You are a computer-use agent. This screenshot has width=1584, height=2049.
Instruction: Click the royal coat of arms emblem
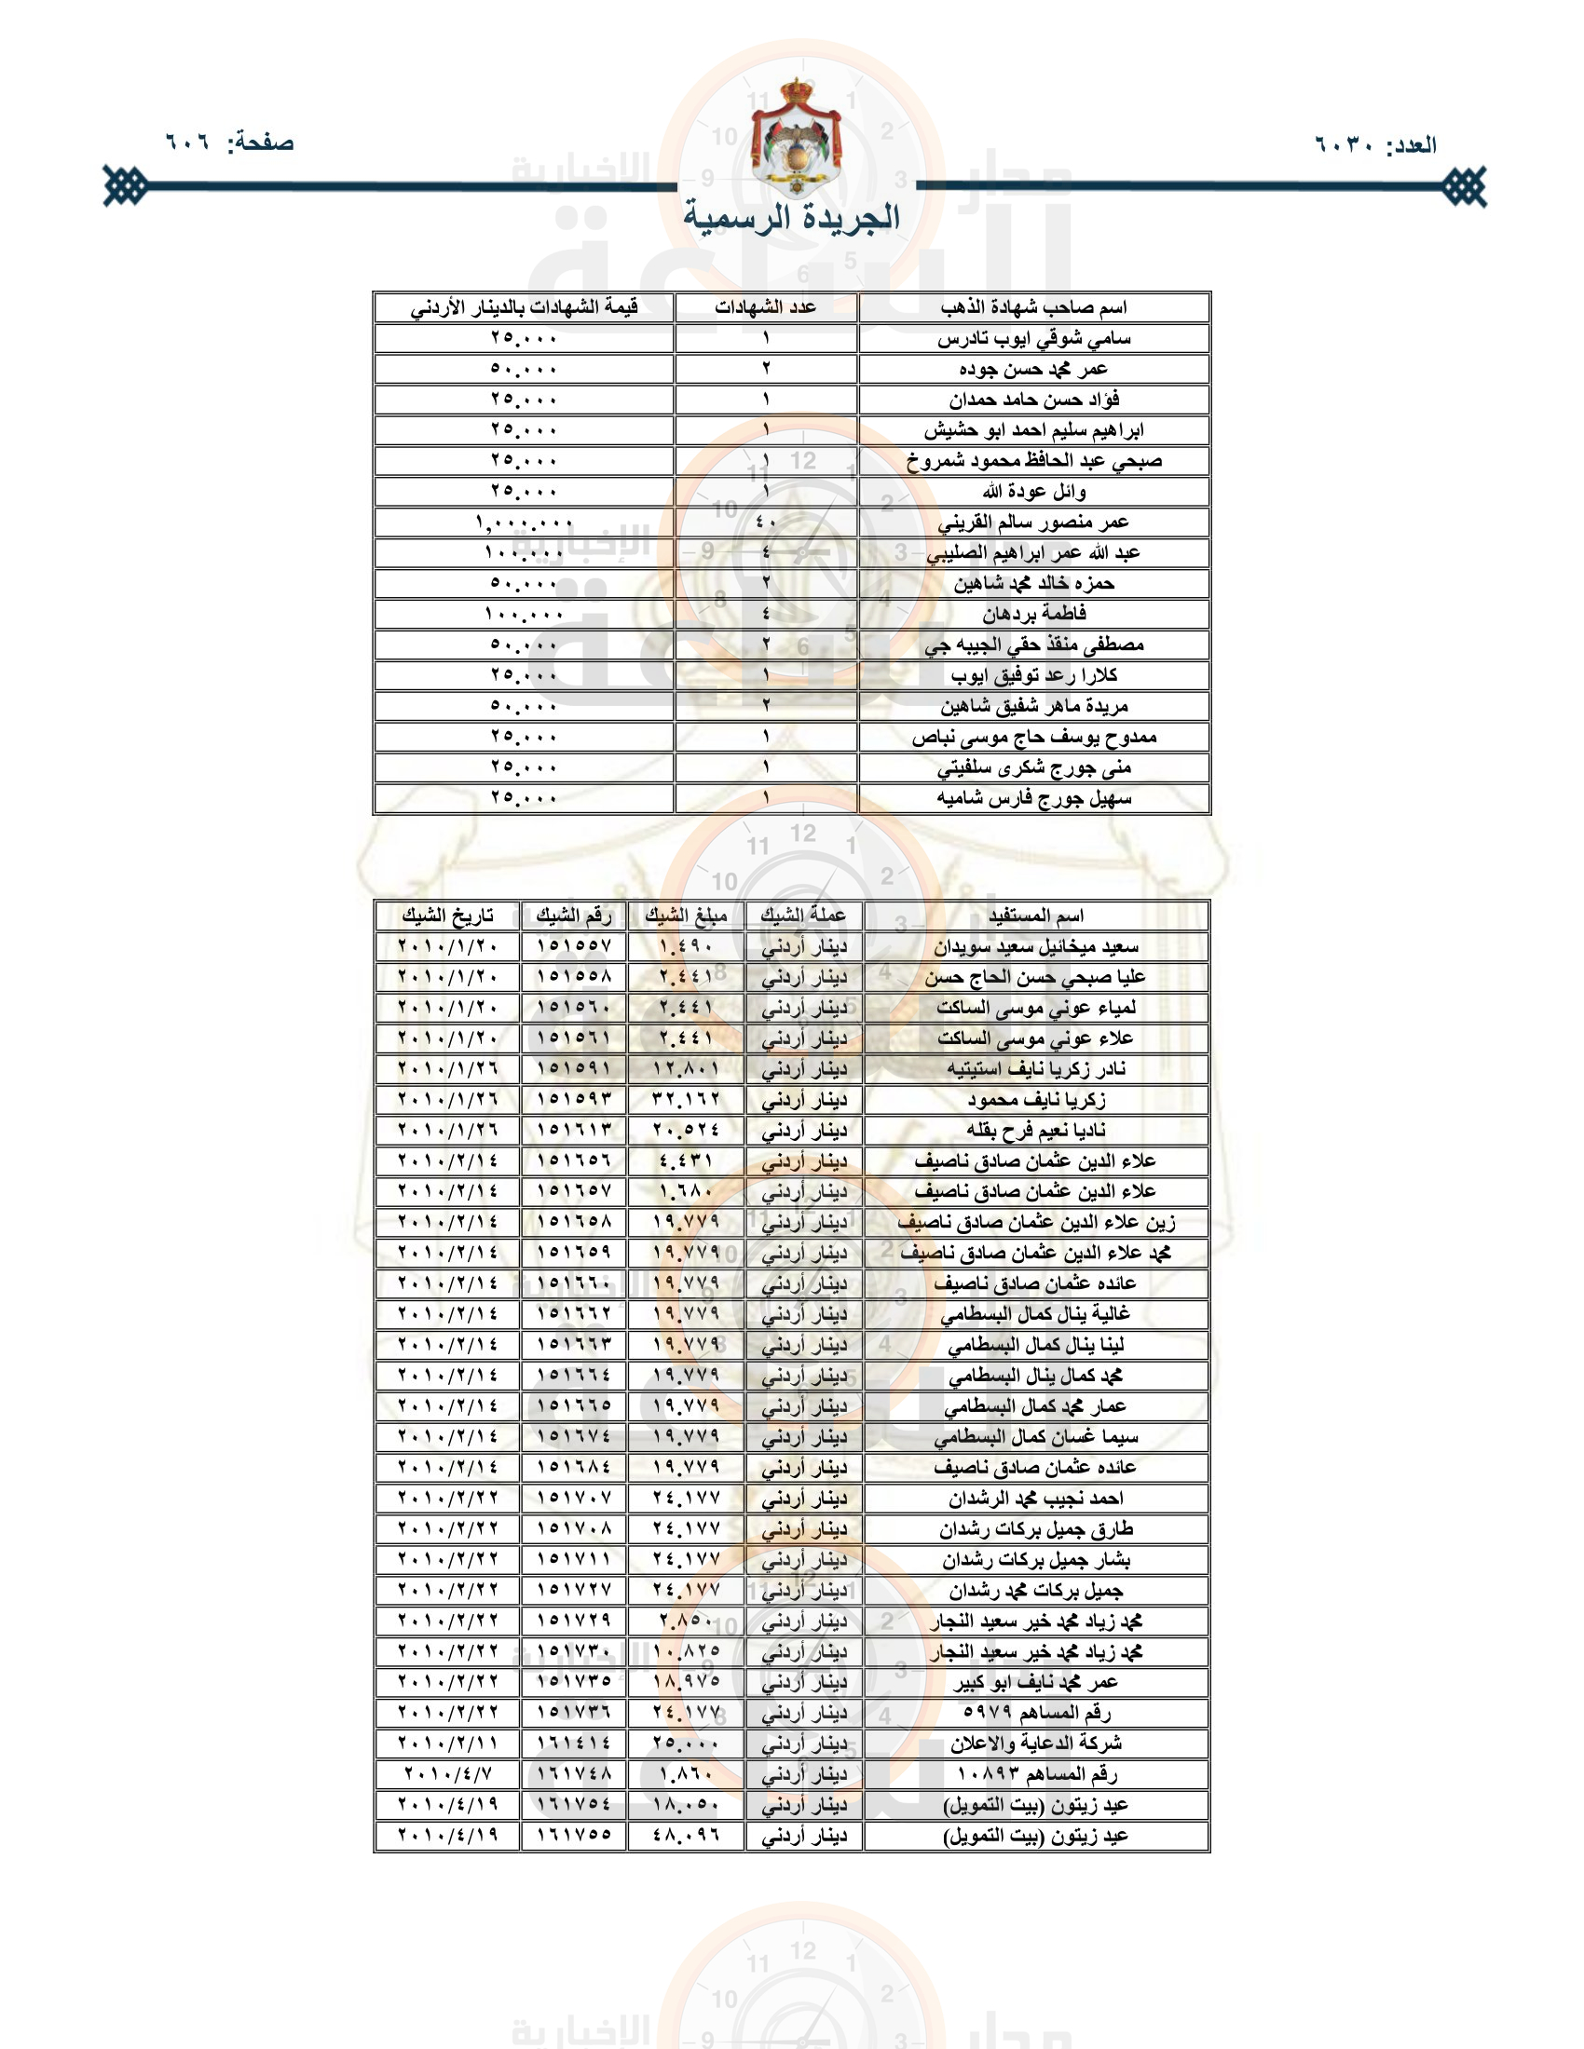[x=795, y=137]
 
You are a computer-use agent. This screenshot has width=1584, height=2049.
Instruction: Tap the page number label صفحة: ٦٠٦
[x=230, y=142]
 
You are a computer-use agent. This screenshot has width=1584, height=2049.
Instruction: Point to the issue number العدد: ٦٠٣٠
[x=1374, y=144]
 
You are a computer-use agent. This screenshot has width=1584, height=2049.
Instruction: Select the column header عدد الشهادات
[x=765, y=306]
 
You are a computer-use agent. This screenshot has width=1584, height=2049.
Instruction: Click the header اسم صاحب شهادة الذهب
[x=1033, y=306]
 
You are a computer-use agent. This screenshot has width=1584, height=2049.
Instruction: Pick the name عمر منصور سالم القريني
[x=1033, y=522]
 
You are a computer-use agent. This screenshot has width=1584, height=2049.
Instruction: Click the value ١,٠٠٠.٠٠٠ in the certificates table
[x=524, y=522]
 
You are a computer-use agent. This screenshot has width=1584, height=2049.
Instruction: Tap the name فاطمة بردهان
[x=1033, y=614]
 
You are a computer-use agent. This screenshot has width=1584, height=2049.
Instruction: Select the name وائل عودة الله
[x=1033, y=491]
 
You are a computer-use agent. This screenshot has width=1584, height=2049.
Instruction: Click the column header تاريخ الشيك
[x=446, y=915]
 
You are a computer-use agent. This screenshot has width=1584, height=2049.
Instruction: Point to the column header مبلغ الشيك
[x=686, y=915]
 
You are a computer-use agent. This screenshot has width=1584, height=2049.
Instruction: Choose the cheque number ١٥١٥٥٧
[x=573, y=945]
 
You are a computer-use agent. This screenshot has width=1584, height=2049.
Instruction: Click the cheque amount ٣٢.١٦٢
[x=686, y=1099]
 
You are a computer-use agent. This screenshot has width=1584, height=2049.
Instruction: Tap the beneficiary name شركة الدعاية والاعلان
[x=1035, y=1743]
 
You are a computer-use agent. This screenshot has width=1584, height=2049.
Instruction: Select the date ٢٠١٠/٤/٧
[x=447, y=1773]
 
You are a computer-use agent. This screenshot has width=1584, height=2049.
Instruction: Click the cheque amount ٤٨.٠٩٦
[x=686, y=1834]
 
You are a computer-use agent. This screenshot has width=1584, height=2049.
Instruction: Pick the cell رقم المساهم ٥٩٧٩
[x=1035, y=1711]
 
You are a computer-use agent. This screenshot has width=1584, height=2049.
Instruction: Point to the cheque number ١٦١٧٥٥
[x=573, y=1834]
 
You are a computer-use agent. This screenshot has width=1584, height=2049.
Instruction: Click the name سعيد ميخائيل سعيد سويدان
[x=1035, y=945]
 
